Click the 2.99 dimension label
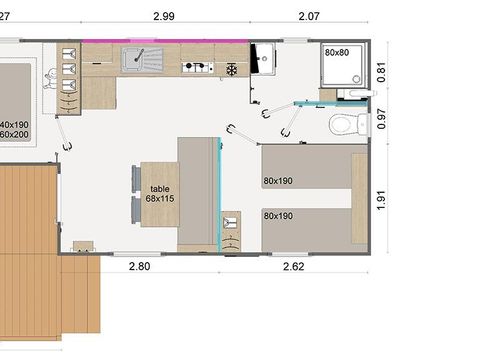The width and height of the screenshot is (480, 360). pos(166,16)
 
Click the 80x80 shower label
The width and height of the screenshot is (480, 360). pos(337,52)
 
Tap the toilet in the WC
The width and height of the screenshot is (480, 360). pos(342,125)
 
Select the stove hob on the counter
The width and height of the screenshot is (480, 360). pos(197,68)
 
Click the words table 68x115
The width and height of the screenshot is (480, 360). pos(160,194)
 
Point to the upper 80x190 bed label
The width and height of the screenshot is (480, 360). pos(278,181)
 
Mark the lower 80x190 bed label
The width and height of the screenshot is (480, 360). pos(278,215)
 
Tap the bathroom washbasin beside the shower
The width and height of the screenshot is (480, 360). pos(265,60)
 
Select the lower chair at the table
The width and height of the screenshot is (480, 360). pos(135,211)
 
